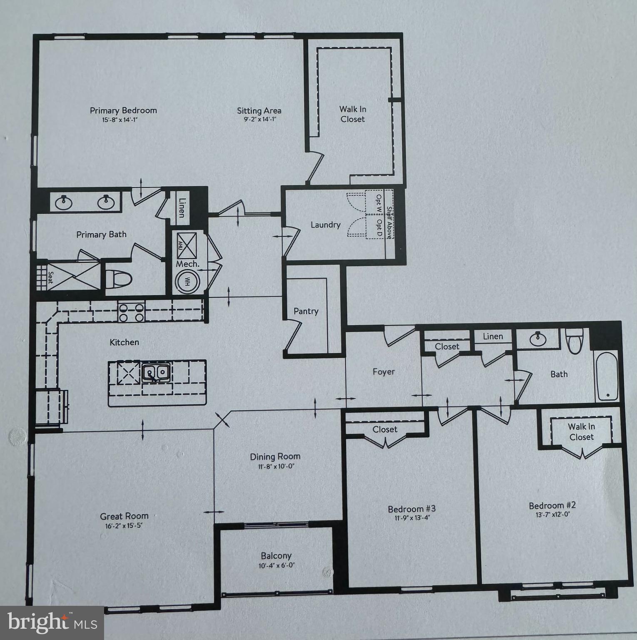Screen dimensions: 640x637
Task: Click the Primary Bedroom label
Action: tap(123, 110)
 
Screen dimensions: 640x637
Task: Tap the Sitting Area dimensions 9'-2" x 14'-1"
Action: tap(259, 119)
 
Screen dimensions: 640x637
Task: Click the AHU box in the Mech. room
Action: tap(185, 245)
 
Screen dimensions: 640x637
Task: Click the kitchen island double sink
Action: tap(156, 372)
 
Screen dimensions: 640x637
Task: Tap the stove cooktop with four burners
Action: tap(132, 312)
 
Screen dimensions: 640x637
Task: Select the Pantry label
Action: tap(306, 311)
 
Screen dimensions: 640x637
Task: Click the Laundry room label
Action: tap(326, 225)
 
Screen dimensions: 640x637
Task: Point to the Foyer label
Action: tap(383, 372)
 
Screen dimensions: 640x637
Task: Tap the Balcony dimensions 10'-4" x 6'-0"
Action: tap(276, 566)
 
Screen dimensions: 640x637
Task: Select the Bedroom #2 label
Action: tap(552, 505)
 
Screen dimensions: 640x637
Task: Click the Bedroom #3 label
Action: tap(411, 509)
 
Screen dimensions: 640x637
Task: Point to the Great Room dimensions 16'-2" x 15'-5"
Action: tap(124, 525)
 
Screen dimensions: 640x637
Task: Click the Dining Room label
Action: tap(275, 457)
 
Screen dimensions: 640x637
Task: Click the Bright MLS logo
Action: tap(52, 623)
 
